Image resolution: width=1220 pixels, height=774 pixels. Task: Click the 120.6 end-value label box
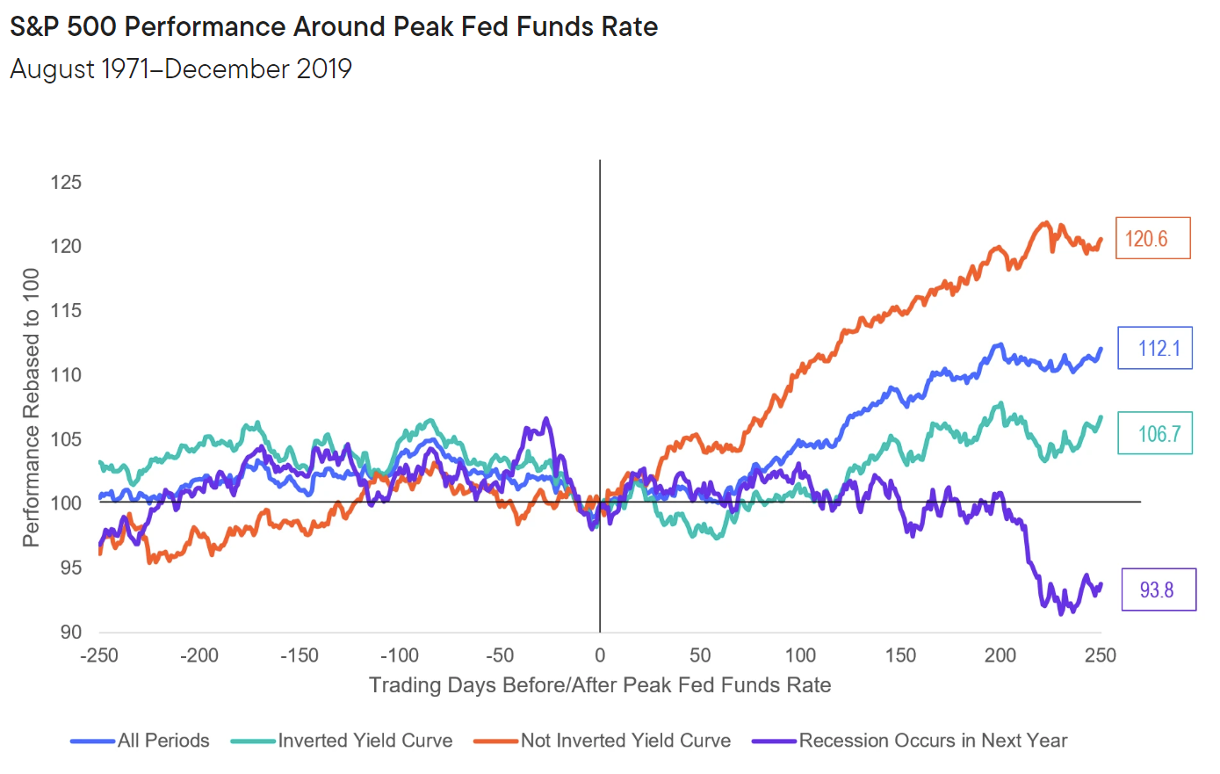(1152, 238)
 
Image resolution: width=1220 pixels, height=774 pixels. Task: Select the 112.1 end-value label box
(1155, 348)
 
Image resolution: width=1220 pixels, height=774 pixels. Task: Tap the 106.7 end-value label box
(1155, 433)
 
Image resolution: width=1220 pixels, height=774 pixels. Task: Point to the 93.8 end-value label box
(1159, 590)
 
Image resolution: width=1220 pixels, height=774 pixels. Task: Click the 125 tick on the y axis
(66, 183)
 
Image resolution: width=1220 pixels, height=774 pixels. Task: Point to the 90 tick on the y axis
(71, 633)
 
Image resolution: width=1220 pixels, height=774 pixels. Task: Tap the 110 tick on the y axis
(66, 375)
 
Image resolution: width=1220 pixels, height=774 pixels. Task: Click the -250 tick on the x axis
(99, 655)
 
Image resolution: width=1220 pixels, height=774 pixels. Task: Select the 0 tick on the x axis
(600, 655)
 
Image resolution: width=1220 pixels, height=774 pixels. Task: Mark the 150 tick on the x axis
(900, 655)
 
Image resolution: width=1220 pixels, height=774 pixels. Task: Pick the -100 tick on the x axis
(400, 655)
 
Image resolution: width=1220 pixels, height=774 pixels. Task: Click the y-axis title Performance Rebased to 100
(32, 408)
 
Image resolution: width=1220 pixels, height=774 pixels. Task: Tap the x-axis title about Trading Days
(600, 685)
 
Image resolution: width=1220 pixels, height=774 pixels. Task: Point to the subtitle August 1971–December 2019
(181, 69)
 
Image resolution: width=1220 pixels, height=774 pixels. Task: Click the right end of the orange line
(1101, 239)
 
